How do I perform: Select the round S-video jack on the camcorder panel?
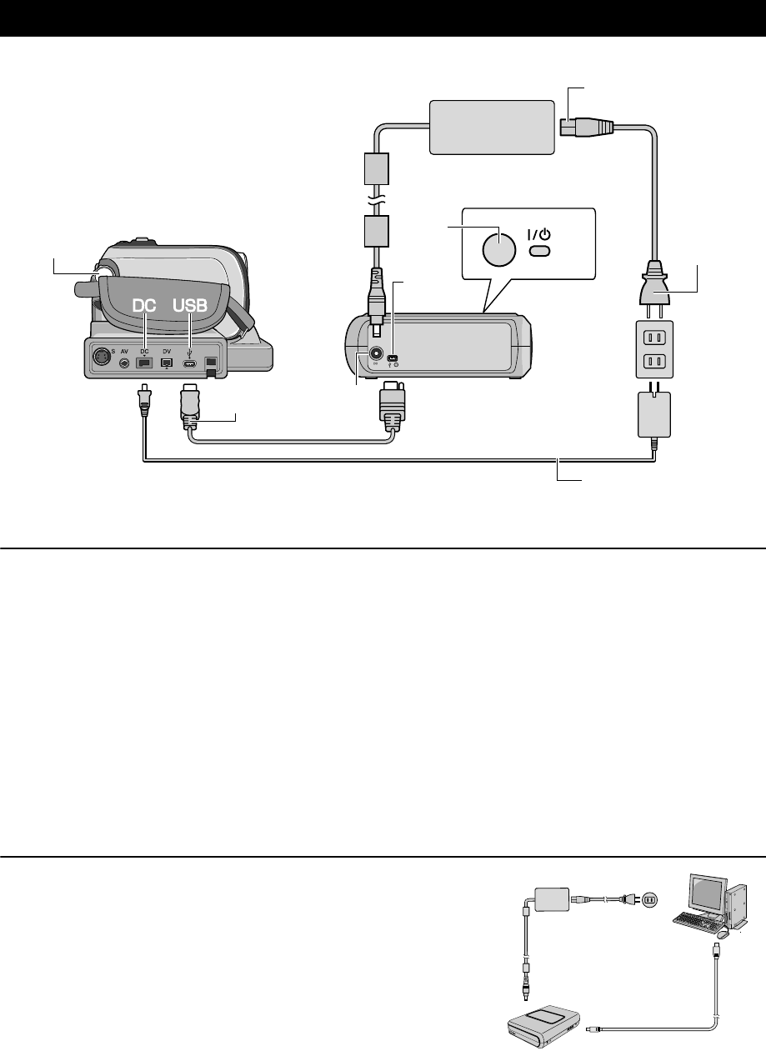[x=101, y=357]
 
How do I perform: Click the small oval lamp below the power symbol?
[x=542, y=251]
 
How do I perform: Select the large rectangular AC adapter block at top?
[x=491, y=127]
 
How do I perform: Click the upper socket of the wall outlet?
[x=653, y=338]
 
